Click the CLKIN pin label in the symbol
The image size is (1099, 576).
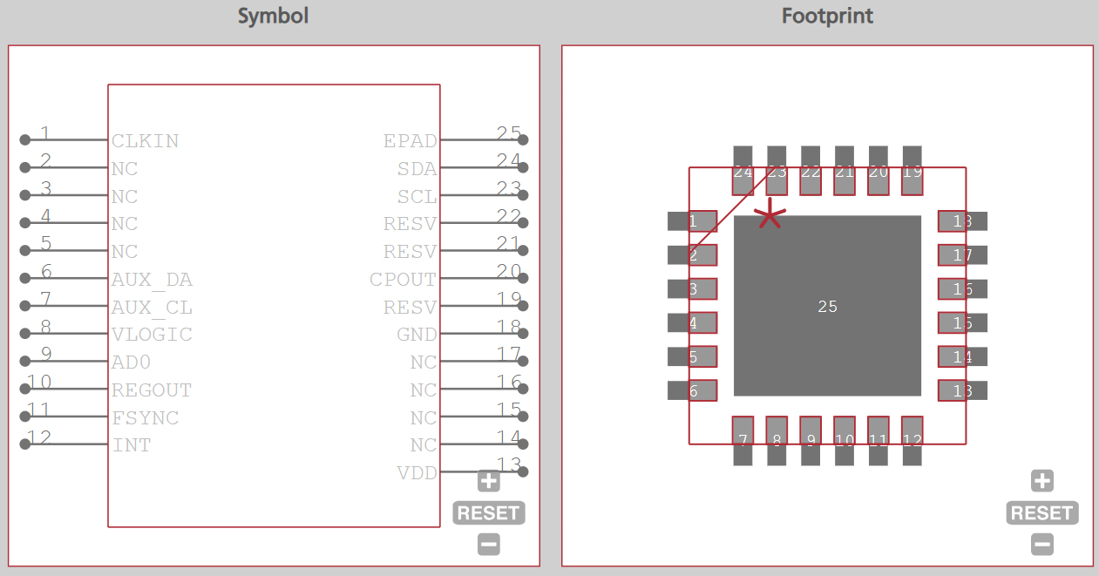pyautogui.click(x=145, y=141)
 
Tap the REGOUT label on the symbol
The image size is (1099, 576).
pyautogui.click(x=152, y=390)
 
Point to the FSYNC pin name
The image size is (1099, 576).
pyautogui.click(x=145, y=418)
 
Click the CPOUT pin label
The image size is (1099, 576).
pyautogui.click(x=403, y=280)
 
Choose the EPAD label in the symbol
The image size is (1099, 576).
pyautogui.click(x=410, y=141)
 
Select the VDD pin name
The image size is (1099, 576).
pyautogui.click(x=417, y=473)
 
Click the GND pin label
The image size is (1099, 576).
pyautogui.click(x=417, y=335)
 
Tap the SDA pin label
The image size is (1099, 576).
pyautogui.click(x=417, y=169)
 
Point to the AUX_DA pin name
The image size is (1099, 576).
pyautogui.click(x=152, y=280)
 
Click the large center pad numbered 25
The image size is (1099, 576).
pyautogui.click(x=827, y=306)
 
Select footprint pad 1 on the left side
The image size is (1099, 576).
pyautogui.click(x=692, y=221)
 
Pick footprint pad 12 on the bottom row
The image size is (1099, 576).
pyautogui.click(x=912, y=440)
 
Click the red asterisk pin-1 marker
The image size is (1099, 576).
pyautogui.click(x=770, y=214)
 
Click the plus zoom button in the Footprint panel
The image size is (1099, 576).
pyautogui.click(x=1041, y=481)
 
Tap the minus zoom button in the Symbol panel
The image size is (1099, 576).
pyautogui.click(x=489, y=545)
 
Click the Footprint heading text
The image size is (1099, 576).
pyautogui.click(x=827, y=16)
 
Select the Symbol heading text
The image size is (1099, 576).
pyautogui.click(x=274, y=16)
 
